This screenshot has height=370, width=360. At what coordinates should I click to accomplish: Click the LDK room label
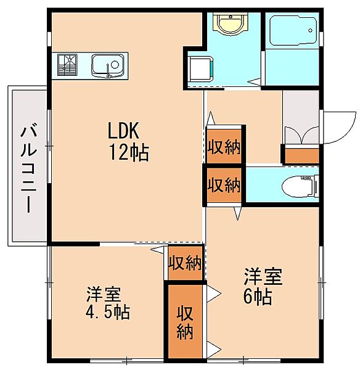tap(123, 131)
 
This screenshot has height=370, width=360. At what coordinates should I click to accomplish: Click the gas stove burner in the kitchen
tap(67, 65)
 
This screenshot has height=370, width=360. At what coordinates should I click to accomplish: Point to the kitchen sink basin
tap(108, 66)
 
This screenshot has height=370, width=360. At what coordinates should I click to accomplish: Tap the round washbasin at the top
tap(231, 24)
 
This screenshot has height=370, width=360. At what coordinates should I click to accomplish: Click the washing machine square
tap(200, 68)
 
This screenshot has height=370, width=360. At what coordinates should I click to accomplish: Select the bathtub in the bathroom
tap(293, 30)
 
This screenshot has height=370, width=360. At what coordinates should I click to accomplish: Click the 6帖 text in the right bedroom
tap(258, 297)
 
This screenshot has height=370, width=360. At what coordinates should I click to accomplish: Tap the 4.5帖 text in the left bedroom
tap(107, 312)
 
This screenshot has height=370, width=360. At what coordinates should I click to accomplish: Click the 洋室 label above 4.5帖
tap(104, 294)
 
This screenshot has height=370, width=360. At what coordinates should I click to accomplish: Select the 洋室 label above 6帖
tap(263, 276)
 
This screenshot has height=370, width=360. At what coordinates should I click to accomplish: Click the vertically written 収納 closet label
tap(185, 323)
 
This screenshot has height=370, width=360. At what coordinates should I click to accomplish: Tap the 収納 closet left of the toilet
tap(224, 185)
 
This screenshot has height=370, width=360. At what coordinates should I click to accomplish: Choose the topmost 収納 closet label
tap(224, 147)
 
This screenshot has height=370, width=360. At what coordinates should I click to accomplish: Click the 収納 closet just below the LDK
tap(185, 263)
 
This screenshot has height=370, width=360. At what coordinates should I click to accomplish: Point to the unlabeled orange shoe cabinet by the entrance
tap(301, 156)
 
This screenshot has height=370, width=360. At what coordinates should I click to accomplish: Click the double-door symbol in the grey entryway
tap(302, 135)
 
